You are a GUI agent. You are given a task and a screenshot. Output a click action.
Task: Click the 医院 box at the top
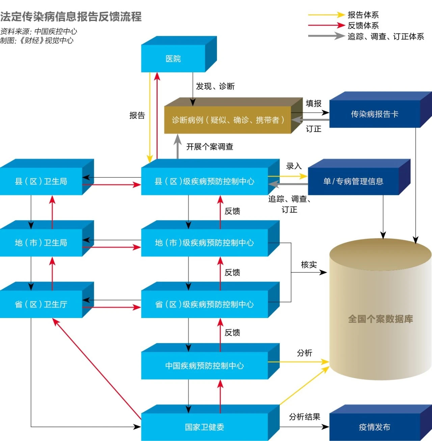pos(173,58)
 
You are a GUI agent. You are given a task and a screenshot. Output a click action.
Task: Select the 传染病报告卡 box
pos(375,114)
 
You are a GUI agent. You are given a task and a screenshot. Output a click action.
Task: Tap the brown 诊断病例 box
pos(228,120)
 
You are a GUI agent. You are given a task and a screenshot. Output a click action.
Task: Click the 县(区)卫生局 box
pos(41,181)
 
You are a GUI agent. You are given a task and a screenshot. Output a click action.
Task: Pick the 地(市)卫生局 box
pos(41,243)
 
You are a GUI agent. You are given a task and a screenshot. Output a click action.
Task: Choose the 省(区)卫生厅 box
pos(41,304)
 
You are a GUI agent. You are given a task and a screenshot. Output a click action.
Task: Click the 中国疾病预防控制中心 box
pos(205,366)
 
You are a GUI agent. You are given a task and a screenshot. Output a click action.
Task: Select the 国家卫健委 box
pos(205,427)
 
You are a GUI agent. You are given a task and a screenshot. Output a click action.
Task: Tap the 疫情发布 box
pos(375,427)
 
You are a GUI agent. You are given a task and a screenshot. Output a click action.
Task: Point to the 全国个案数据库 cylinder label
pos(380,319)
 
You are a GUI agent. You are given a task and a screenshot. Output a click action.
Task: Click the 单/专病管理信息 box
pos(353,181)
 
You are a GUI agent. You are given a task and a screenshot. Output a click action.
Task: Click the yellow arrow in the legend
pos(326,15)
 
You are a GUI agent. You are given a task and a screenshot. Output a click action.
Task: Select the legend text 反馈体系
pos(363,25)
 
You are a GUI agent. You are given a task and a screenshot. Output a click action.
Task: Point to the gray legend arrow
pos(326,36)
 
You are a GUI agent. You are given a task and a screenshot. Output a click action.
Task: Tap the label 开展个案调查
pos(210,147)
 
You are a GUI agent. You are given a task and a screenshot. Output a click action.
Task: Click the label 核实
pos(309,265)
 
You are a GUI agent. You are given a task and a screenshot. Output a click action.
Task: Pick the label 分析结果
pos(304,417)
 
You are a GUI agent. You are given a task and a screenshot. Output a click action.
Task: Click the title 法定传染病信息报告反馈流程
pos(71,17)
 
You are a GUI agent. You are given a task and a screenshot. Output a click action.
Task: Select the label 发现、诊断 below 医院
pos(215,86)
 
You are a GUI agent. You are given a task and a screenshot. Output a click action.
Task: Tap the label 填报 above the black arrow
pos(314,103)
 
